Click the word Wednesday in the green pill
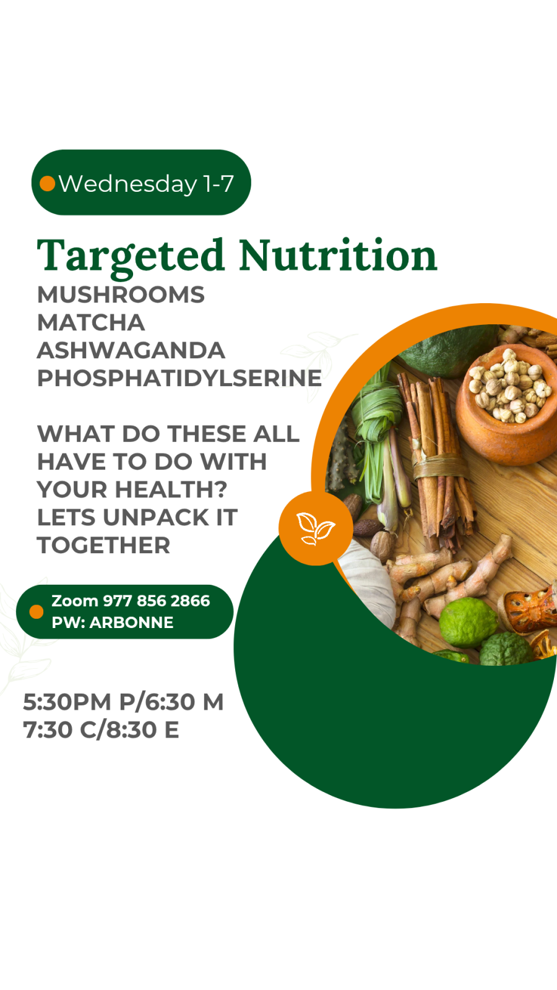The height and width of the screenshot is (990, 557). click(127, 184)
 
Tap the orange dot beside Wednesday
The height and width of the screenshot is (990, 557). click(47, 184)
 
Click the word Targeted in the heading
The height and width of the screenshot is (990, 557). click(131, 256)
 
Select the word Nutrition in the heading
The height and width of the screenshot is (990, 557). click(338, 256)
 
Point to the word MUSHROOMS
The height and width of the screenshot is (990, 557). click(121, 295)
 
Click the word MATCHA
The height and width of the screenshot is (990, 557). click(91, 323)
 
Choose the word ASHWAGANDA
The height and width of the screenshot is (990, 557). click(131, 351)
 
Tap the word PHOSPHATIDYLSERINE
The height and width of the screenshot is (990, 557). click(179, 379)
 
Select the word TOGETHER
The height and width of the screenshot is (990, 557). click(103, 546)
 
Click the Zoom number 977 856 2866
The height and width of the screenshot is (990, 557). click(156, 601)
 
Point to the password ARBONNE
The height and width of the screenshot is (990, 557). click(131, 622)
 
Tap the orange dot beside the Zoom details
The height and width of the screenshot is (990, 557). click(37, 611)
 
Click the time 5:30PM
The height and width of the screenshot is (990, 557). click(67, 702)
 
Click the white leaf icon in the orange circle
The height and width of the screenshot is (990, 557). click(316, 528)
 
